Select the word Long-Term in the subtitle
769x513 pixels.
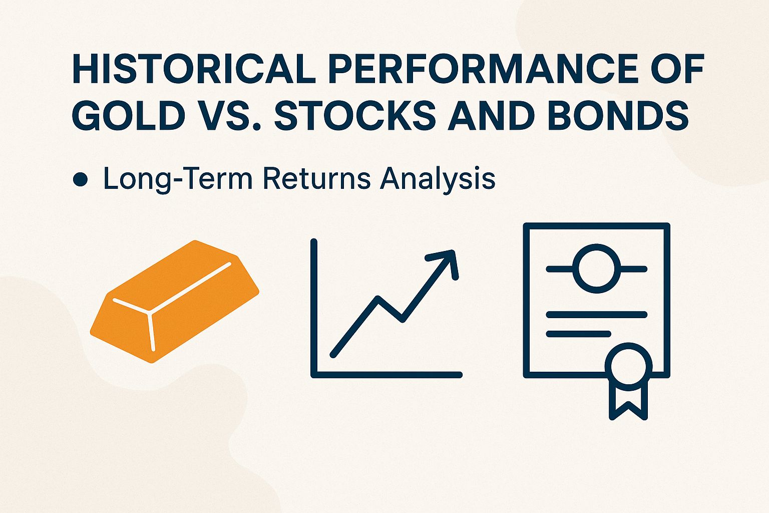[x=178, y=179]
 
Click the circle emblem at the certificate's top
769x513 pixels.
[x=596, y=269]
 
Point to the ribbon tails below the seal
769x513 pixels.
[x=628, y=403]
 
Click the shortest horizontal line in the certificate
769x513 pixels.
[x=578, y=334]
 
